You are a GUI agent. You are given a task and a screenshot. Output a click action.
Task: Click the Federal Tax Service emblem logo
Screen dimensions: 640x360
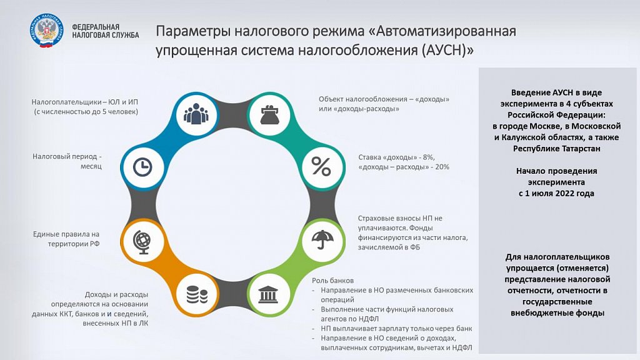coord(46,31)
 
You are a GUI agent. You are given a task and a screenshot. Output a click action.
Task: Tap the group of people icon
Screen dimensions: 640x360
coord(196,114)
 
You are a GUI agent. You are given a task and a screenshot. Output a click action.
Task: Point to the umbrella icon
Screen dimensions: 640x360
coord(322,239)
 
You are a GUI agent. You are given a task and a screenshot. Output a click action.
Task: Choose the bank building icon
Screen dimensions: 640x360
coord(268,294)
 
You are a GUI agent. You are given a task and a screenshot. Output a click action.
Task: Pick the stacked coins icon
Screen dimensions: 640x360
coord(197,295)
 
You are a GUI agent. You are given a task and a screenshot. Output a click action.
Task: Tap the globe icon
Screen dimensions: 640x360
coord(143,242)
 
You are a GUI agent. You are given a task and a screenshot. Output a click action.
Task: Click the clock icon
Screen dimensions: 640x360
coord(142,167)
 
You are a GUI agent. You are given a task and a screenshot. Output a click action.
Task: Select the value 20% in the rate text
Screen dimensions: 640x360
coord(441,167)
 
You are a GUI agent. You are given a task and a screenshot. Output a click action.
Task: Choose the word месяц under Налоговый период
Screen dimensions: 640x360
coord(91,166)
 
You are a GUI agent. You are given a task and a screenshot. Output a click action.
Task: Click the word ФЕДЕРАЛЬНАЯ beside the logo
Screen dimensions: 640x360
coord(96,27)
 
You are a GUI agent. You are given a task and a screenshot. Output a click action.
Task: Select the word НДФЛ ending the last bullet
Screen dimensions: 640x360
coord(462,347)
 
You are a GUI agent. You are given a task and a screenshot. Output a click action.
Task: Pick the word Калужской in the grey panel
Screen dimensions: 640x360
coord(521,137)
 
